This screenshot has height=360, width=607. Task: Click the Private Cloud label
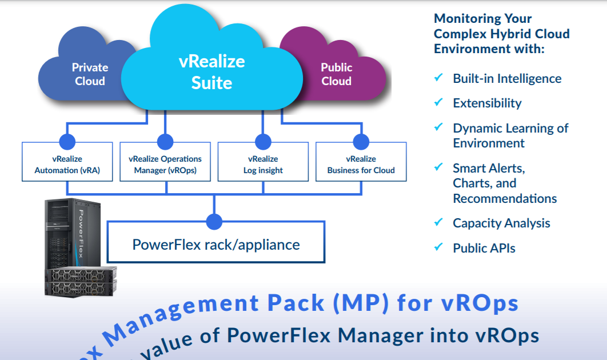(x=90, y=74)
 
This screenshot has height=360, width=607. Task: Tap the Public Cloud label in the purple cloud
(x=336, y=74)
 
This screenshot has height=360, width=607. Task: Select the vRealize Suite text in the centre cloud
(x=211, y=72)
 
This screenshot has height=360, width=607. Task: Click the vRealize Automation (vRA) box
(x=67, y=164)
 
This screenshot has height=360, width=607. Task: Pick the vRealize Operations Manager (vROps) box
(x=165, y=164)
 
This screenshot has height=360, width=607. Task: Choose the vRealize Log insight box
(x=263, y=164)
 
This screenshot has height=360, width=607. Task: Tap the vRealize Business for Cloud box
(x=361, y=164)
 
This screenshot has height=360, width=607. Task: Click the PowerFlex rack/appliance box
(x=216, y=245)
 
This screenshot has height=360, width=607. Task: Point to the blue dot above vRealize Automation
(x=67, y=142)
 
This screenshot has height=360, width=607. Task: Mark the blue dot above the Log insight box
(x=263, y=142)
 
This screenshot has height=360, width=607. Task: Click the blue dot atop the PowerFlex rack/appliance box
(x=214, y=221)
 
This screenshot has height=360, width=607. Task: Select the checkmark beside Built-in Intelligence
(x=439, y=78)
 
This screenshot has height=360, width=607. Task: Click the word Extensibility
(x=487, y=103)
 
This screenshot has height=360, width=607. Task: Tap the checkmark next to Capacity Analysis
(x=439, y=222)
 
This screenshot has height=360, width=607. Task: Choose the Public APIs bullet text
(x=484, y=248)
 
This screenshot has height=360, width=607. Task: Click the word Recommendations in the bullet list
(x=505, y=198)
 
